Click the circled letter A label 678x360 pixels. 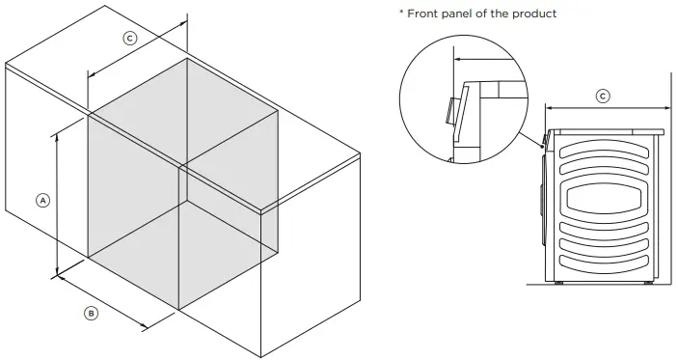coord(42,200)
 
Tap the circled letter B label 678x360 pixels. coord(91,313)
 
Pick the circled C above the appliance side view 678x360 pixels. coord(603,96)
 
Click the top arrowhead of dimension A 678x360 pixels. coord(58,136)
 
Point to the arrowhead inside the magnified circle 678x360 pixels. coord(460,59)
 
